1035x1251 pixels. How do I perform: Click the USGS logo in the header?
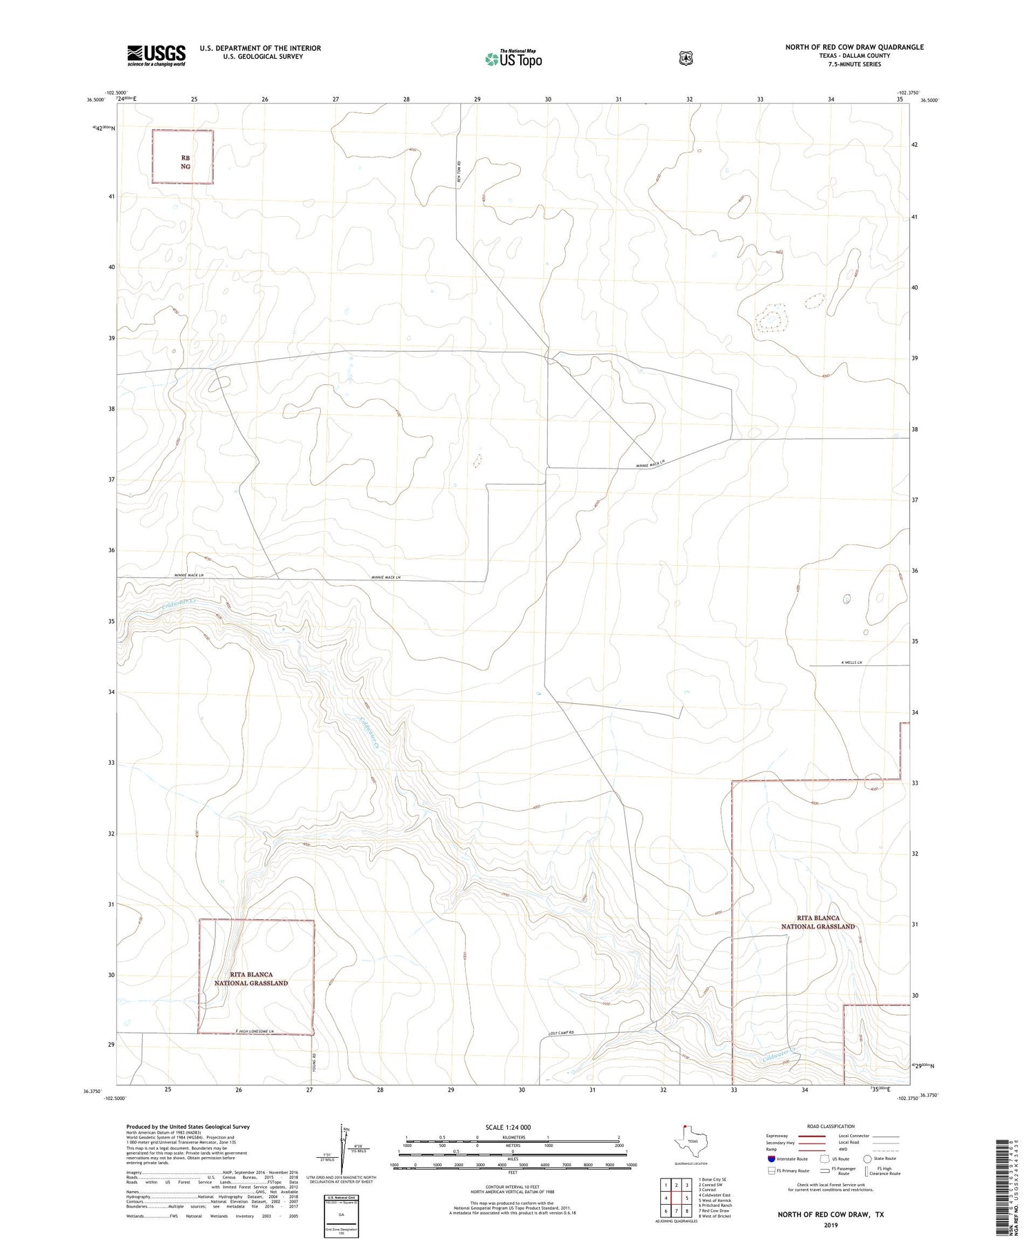[x=156, y=55]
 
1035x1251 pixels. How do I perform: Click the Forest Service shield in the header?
[x=685, y=59]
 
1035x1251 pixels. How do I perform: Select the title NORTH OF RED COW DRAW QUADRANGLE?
[x=854, y=47]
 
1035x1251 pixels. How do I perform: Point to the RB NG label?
[x=185, y=162]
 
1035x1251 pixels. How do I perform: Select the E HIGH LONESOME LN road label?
[x=255, y=1031]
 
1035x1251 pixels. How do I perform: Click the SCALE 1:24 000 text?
[x=508, y=1127]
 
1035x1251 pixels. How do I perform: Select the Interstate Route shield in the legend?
[x=771, y=1159]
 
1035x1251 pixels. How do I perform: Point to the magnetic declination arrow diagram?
[x=340, y=1147]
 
